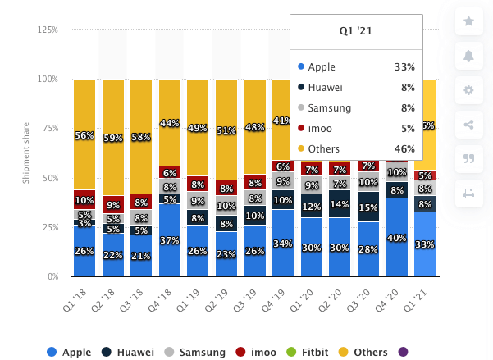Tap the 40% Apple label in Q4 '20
(396, 238)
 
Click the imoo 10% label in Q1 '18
(84, 200)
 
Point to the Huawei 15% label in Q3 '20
(368, 207)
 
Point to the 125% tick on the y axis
(47, 30)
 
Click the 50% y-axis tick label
(49, 178)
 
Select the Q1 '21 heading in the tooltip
(355, 31)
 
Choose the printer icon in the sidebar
(468, 194)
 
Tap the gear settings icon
(468, 90)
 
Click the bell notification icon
(468, 56)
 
